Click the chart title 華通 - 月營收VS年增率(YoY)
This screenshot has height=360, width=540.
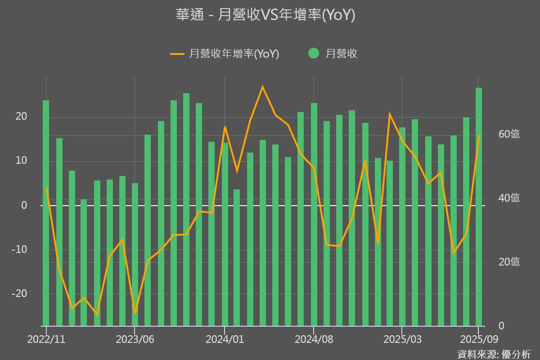(x=265, y=15)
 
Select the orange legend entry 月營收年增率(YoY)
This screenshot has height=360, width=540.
(x=225, y=54)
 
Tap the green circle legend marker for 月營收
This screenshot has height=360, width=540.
(x=314, y=53)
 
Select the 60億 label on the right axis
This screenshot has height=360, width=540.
(x=509, y=134)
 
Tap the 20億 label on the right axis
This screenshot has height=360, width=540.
(x=509, y=262)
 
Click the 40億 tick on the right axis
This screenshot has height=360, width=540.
(x=509, y=198)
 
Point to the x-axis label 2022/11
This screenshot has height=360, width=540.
(x=46, y=339)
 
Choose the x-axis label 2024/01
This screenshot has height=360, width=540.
(x=225, y=339)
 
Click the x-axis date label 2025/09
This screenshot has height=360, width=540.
(x=479, y=339)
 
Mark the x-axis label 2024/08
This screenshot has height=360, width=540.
(x=314, y=339)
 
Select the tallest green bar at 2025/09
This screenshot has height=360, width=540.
(x=479, y=207)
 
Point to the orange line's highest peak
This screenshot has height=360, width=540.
(x=263, y=86)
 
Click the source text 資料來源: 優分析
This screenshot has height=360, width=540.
(x=494, y=354)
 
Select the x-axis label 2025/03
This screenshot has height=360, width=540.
(x=402, y=339)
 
